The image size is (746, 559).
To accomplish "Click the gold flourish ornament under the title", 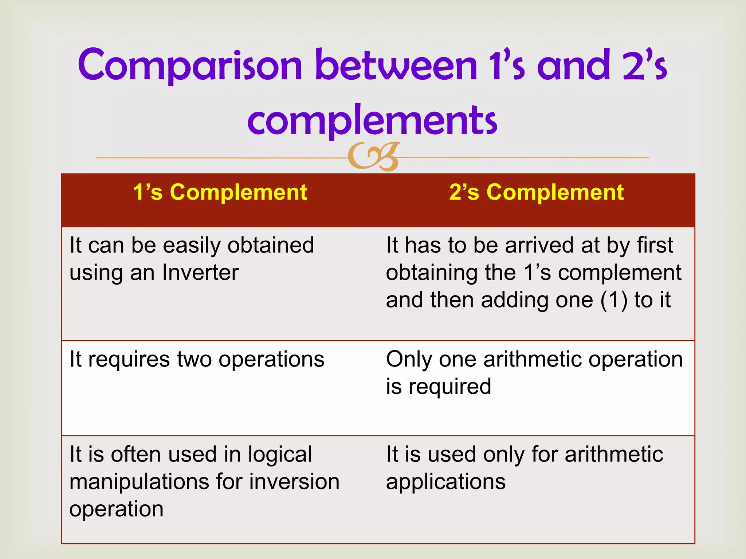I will (x=374, y=157).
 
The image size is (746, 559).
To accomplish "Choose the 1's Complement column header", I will (x=220, y=192).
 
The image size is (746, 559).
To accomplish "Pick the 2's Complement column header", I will (x=536, y=192).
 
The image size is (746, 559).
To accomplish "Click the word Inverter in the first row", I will (x=200, y=272).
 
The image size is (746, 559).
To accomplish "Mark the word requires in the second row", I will (x=129, y=360).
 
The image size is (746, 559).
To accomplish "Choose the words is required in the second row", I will (x=439, y=386).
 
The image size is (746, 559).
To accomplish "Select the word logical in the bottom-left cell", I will (x=280, y=455).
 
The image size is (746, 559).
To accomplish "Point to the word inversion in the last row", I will (x=294, y=482).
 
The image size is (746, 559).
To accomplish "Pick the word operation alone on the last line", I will (x=116, y=509).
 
